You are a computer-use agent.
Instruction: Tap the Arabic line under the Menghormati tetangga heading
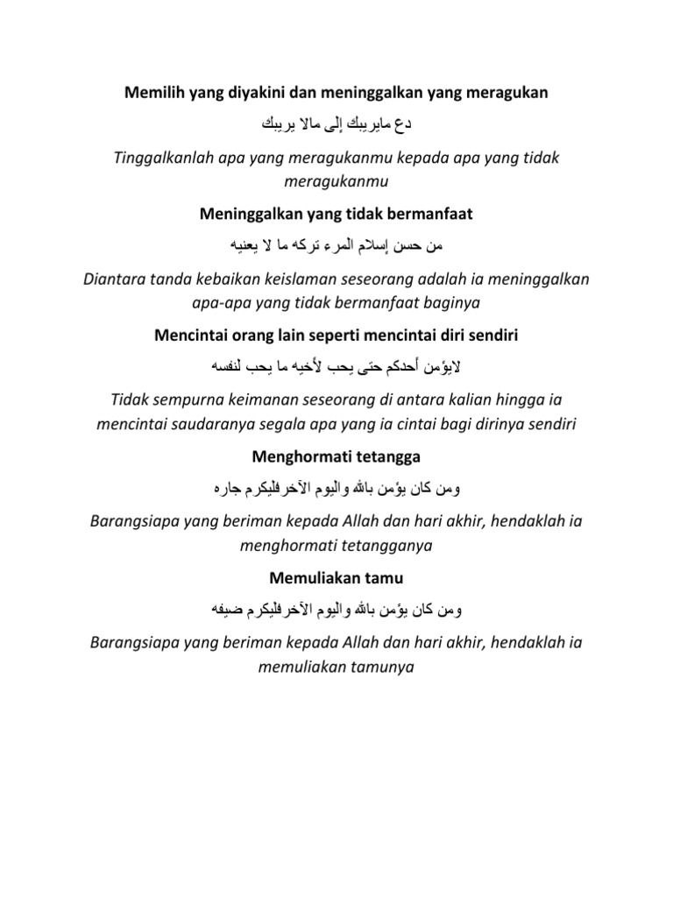(x=336, y=487)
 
